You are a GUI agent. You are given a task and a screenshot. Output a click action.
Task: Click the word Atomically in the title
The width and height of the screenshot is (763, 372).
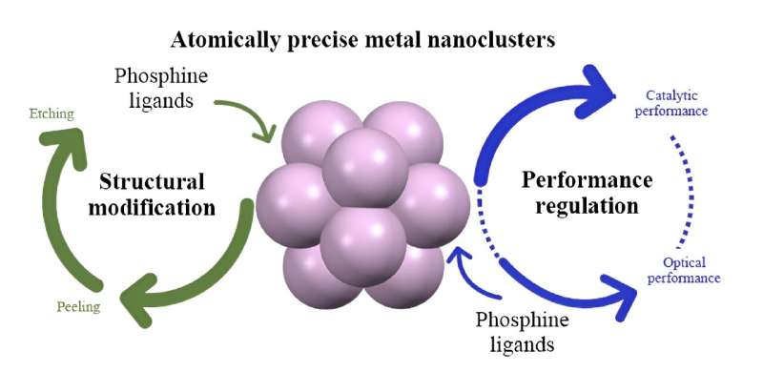pyautogui.click(x=218, y=42)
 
